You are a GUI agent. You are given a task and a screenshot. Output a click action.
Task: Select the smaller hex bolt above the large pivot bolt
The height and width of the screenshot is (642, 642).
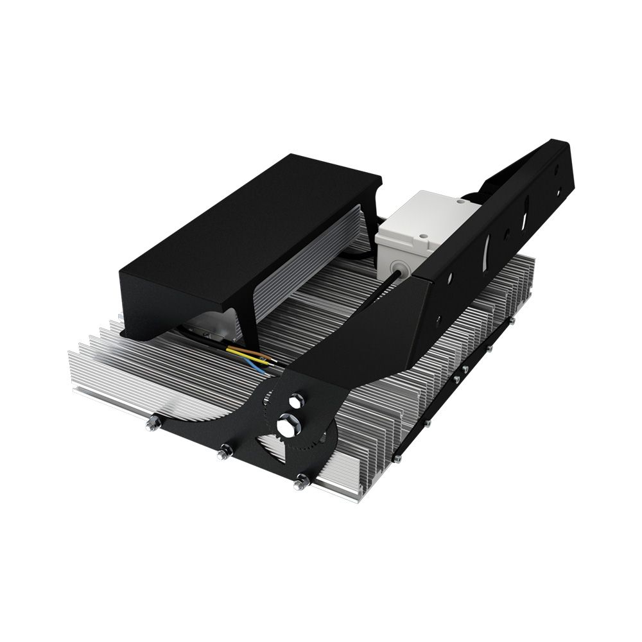pos(295,402)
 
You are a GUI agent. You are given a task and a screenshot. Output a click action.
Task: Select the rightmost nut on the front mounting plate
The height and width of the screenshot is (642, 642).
pos(300,483)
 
